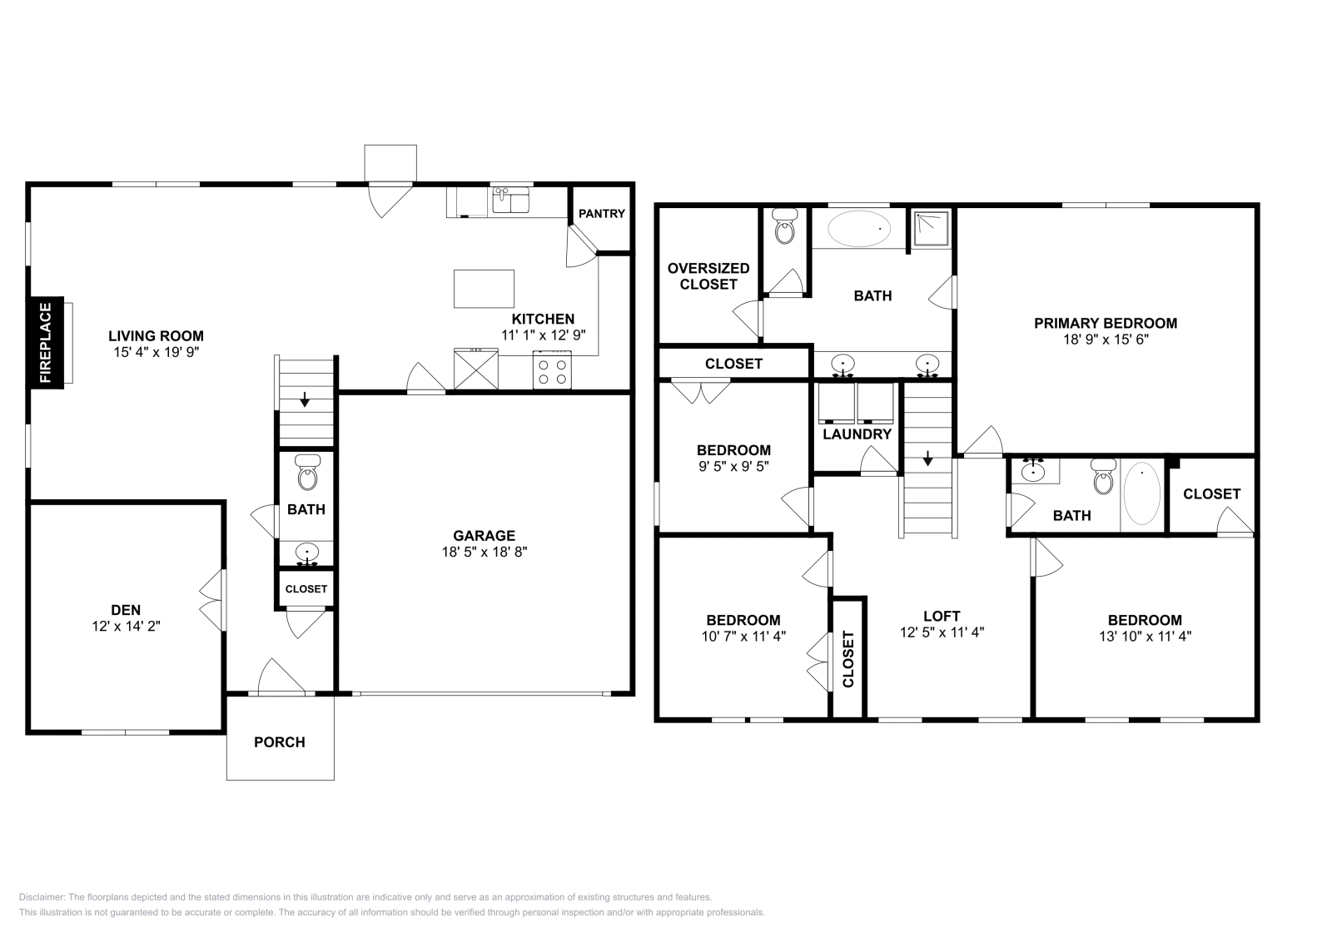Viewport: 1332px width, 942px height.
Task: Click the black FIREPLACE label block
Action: tap(47, 343)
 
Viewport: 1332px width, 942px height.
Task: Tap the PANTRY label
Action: tap(602, 213)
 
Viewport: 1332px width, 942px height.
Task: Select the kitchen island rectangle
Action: tap(484, 289)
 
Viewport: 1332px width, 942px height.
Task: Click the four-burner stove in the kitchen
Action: tap(552, 370)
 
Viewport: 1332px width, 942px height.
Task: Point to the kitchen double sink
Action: tap(511, 200)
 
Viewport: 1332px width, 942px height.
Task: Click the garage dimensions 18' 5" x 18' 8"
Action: tap(484, 552)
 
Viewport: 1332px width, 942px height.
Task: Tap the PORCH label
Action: tap(280, 742)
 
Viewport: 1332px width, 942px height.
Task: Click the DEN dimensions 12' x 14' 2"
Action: tap(126, 626)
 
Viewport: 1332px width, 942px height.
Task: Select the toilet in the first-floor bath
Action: tap(307, 472)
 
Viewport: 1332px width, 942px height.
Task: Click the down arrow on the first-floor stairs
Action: tap(305, 399)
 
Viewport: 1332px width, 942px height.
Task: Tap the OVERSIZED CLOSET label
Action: tap(708, 276)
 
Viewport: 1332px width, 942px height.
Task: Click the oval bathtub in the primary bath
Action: tap(858, 228)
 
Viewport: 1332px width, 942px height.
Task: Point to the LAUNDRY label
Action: tap(857, 434)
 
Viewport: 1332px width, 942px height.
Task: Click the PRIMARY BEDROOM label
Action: tap(1106, 324)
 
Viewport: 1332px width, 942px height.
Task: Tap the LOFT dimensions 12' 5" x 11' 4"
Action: tap(942, 632)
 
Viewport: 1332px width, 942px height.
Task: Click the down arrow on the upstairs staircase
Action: tap(927, 459)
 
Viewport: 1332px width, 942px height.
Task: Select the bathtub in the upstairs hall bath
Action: tap(1141, 493)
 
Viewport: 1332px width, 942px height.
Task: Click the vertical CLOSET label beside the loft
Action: tap(848, 659)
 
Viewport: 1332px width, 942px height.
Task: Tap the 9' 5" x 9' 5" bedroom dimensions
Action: tap(733, 467)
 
